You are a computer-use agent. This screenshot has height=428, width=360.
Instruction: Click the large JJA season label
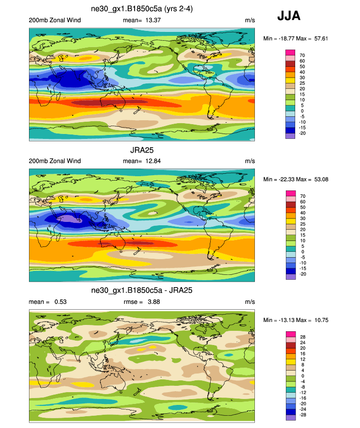point(289,16)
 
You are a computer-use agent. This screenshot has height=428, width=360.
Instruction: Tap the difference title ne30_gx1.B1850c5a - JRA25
point(142,291)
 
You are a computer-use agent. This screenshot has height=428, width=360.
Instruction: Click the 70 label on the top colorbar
point(303,55)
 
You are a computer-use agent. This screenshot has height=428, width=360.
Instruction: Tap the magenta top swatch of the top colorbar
point(290,52)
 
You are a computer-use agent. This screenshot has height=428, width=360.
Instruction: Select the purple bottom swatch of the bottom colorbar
point(290,418)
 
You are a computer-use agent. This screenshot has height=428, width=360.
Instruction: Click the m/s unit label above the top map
point(249,20)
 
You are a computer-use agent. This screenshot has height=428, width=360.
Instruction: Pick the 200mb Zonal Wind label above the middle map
point(55,161)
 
